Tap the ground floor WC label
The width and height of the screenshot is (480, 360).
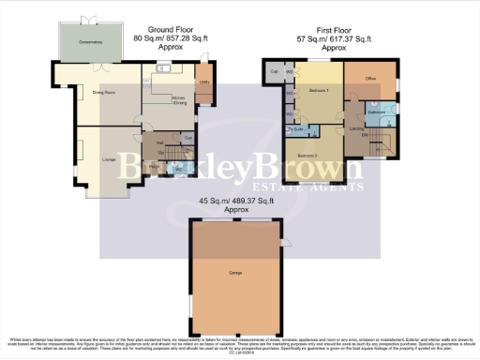point(178,167)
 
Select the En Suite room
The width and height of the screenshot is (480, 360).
point(292,130)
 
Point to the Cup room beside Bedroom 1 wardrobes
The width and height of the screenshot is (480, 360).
point(275,71)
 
